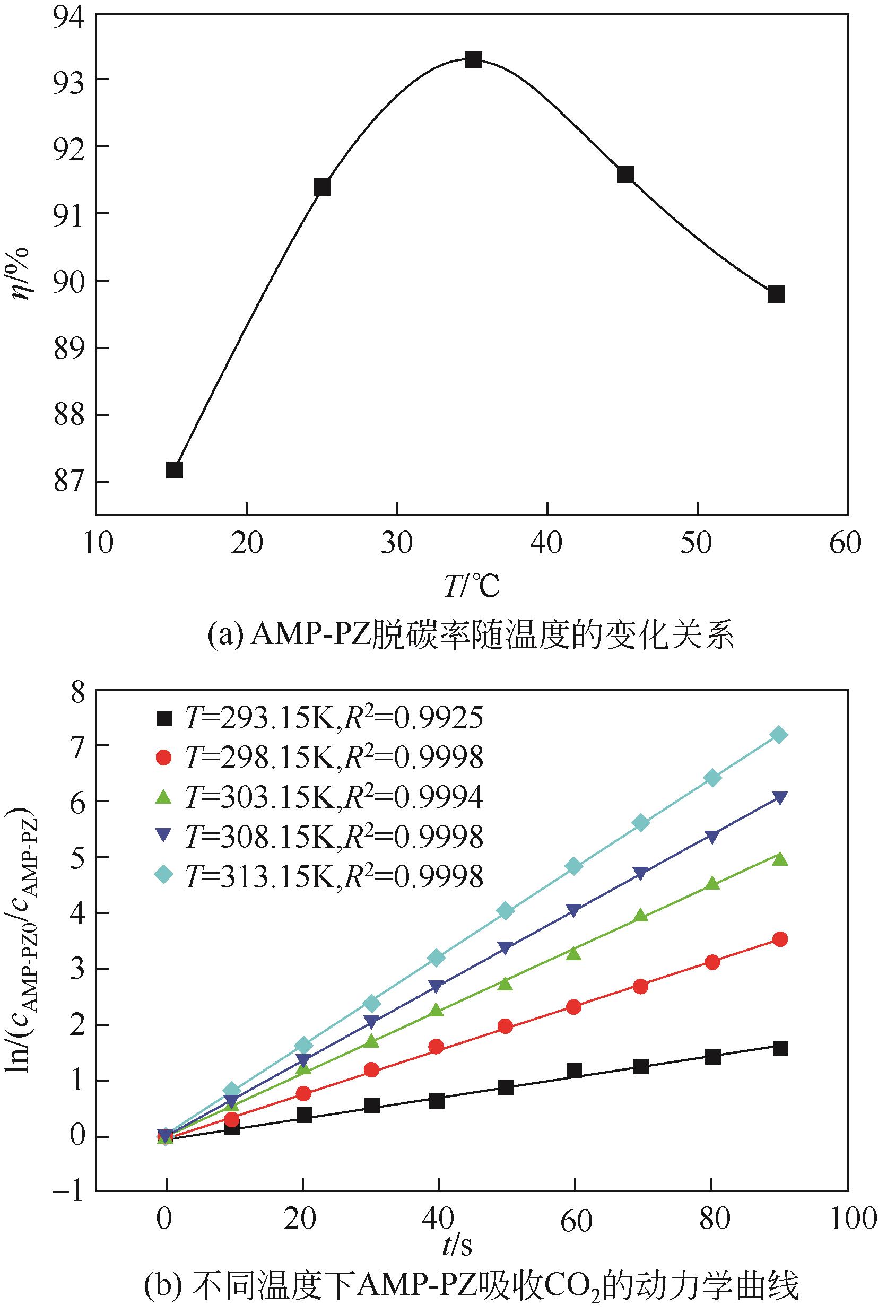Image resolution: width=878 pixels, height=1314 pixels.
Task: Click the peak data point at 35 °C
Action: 474,60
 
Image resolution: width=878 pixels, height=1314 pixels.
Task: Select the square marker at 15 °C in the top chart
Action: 174,469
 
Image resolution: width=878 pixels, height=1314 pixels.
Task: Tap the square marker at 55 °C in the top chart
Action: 776,294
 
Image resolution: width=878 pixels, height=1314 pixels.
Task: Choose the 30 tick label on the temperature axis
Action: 396,543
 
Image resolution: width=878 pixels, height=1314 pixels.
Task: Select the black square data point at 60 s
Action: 574,1071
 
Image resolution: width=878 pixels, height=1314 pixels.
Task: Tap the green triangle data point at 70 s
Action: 642,916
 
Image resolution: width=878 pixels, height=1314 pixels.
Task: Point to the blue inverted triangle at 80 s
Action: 712,837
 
